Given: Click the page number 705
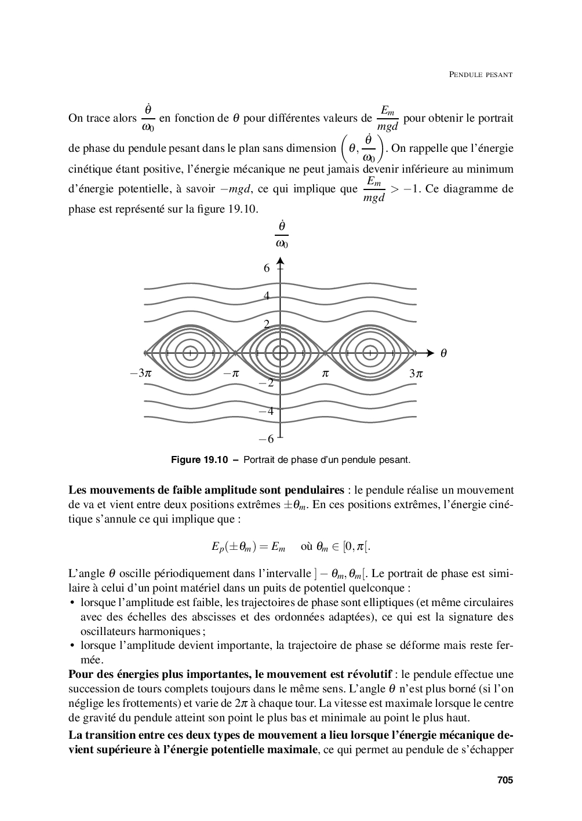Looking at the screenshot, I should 505,780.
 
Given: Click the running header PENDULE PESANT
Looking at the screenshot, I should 481,75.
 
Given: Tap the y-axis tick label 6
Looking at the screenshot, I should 267,268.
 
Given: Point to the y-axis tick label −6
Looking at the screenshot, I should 267,440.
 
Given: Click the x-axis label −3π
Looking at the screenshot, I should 141,374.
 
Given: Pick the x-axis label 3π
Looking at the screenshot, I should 416,374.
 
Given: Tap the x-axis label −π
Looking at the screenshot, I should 231,374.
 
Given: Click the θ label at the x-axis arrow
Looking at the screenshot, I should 443,353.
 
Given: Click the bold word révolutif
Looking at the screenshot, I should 370,674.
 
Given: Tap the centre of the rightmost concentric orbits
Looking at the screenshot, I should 370,352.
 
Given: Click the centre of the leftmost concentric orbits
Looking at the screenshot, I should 189,352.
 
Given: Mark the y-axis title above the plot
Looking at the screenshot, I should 282,233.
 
